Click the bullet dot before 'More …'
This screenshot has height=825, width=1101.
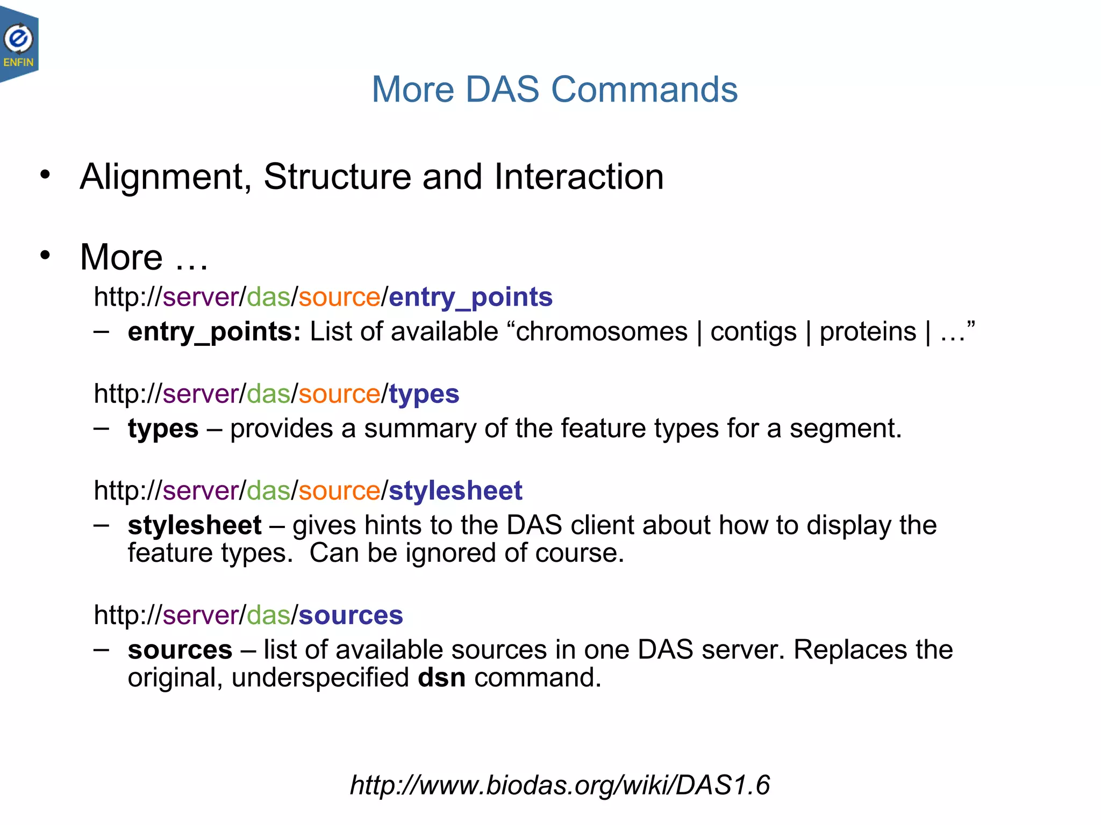click(x=45, y=255)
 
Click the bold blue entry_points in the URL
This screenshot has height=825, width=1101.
click(x=470, y=297)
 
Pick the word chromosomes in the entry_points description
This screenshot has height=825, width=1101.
click(x=602, y=331)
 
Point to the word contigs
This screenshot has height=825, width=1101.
click(x=753, y=331)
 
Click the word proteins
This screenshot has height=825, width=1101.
click(x=868, y=331)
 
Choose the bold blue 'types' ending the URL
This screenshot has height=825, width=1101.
click(x=424, y=394)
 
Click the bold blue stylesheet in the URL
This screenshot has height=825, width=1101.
click(x=455, y=490)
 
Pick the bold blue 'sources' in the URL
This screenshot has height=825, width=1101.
click(x=351, y=615)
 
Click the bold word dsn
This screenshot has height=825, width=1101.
click(x=441, y=678)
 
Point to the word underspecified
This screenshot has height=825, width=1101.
click(x=320, y=678)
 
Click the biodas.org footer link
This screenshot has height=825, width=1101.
click(x=560, y=785)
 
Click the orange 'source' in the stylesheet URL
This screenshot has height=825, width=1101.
click(x=339, y=490)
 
